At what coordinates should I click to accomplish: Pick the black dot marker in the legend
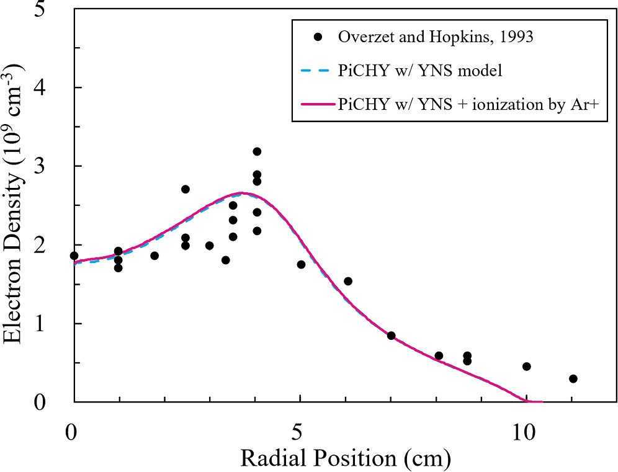click(318, 37)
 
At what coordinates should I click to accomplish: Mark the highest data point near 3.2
click(257, 151)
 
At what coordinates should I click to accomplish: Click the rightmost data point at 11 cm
click(573, 378)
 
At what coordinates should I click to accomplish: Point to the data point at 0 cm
click(74, 256)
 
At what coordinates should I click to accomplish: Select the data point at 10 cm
click(526, 367)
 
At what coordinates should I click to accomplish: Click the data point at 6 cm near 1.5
click(348, 281)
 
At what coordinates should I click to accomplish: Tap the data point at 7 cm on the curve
click(391, 336)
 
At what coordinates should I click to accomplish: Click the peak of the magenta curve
click(242, 193)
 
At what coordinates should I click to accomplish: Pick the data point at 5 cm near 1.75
click(301, 264)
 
